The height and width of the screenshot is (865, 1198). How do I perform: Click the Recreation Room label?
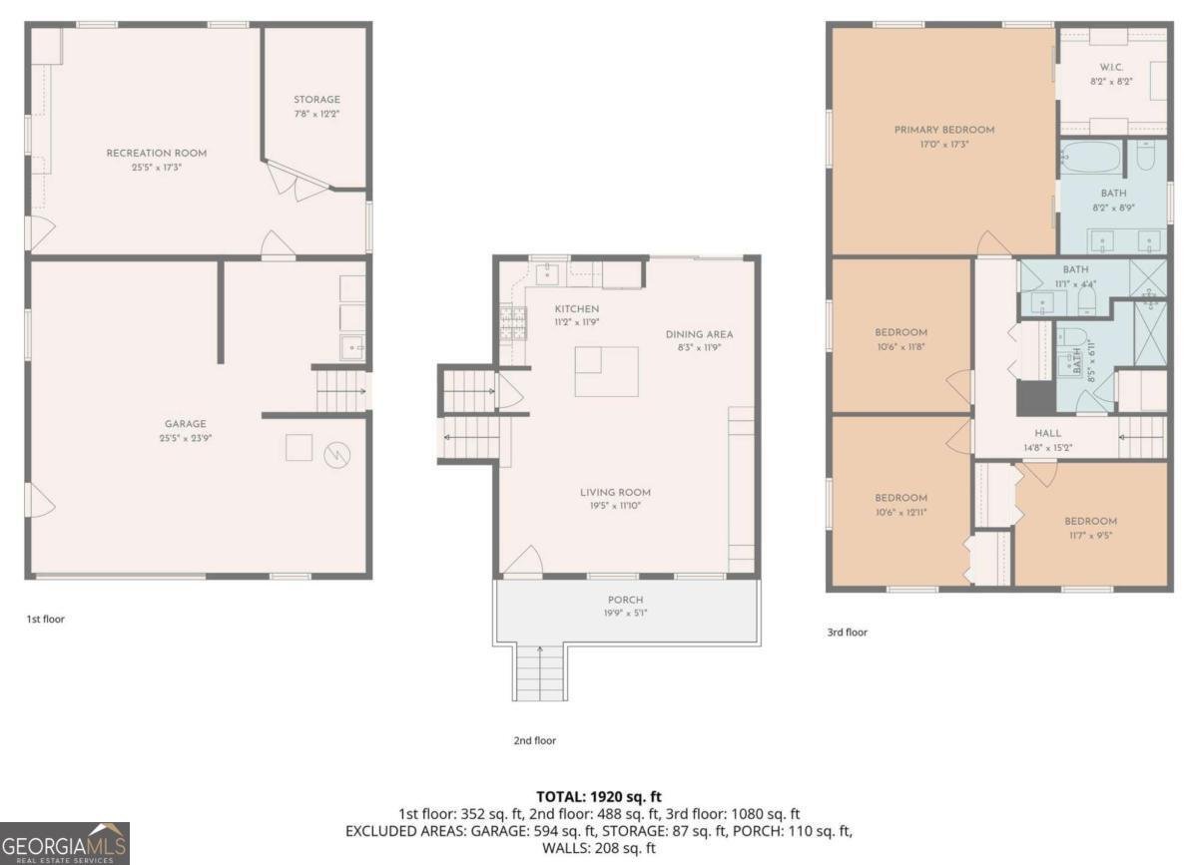coord(143,153)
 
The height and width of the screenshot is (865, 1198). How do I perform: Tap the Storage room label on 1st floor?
coord(316,100)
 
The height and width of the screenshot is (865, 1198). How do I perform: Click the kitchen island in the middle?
coord(606,371)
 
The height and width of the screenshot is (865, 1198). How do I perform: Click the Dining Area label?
coord(699,334)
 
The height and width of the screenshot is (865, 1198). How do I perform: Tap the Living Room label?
coord(615,492)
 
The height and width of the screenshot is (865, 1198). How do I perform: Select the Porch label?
coord(625,600)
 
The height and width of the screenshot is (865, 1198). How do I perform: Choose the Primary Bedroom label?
coord(943,130)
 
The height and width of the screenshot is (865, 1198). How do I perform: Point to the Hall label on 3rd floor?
coord(1047,433)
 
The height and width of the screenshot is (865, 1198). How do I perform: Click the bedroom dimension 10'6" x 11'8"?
coord(901,346)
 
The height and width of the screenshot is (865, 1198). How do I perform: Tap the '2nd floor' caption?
coord(534,740)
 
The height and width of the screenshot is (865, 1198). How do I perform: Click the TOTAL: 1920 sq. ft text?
coord(598,796)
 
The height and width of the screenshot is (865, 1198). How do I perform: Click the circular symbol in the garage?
coord(338,455)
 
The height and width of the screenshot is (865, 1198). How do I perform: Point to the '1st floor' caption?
coord(45,619)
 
